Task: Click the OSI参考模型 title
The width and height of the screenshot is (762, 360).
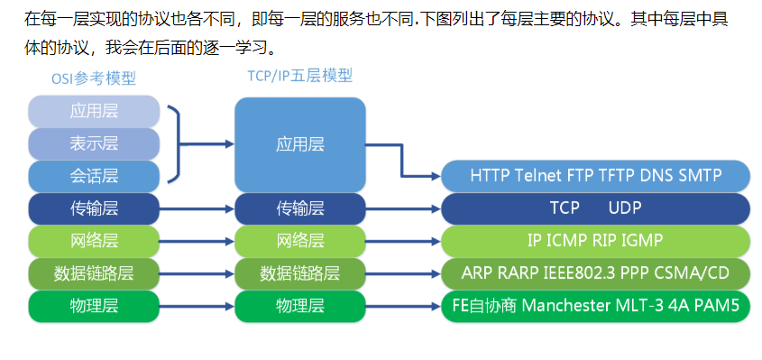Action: (x=94, y=78)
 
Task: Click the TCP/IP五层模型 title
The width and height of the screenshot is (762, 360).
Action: (x=299, y=77)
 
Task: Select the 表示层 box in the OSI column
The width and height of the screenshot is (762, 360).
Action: (x=94, y=143)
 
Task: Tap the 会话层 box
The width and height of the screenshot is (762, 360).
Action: (x=94, y=174)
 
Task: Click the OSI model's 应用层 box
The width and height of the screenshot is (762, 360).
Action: (x=94, y=112)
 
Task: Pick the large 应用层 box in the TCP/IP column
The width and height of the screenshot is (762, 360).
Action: (x=299, y=143)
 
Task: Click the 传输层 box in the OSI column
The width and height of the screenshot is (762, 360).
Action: (x=94, y=208)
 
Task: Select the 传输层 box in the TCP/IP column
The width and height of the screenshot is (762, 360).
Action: (x=299, y=208)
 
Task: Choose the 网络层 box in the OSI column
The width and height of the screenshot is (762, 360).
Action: (x=94, y=241)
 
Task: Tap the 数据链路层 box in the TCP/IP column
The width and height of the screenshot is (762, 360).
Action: (x=299, y=273)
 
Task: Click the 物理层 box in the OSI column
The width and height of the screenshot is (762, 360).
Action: (x=94, y=306)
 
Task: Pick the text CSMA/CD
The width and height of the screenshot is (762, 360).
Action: (x=708, y=273)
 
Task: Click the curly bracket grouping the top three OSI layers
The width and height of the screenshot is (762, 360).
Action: (x=176, y=143)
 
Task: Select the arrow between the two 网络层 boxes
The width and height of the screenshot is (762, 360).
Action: (x=197, y=241)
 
